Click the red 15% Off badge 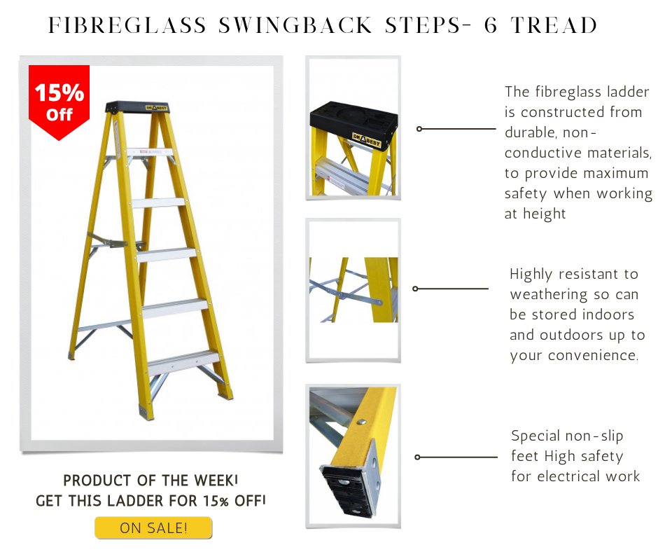click(59, 100)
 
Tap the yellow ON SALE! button click(153, 527)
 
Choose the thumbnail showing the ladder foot click(353, 455)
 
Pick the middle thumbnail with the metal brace click(353, 289)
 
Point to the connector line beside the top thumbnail click(456, 129)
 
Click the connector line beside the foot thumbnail click(456, 457)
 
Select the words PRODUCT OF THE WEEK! click(150, 481)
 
